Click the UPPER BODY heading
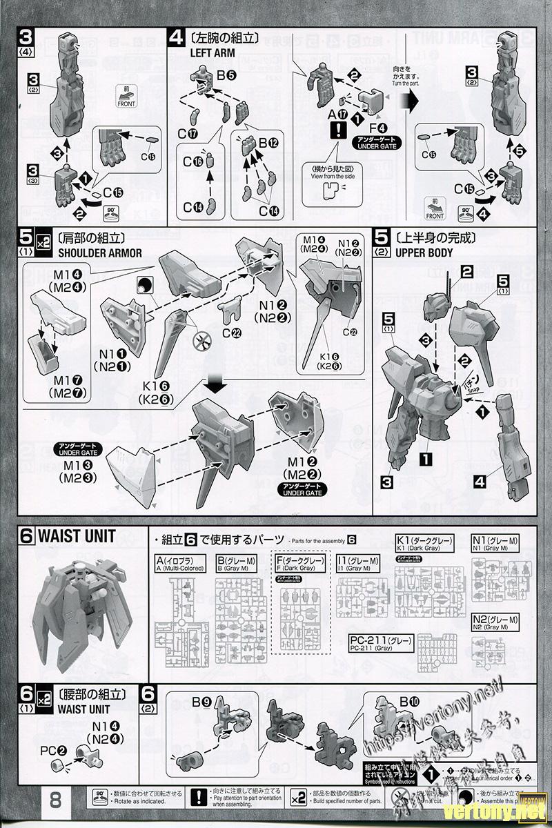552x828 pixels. (424, 253)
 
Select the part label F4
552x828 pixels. (377, 126)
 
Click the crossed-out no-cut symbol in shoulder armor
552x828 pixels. (202, 339)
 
